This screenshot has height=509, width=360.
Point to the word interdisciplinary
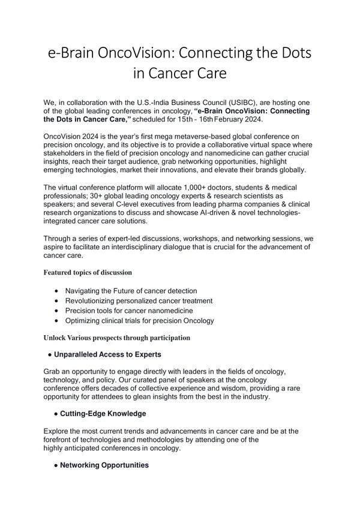tap(147, 246)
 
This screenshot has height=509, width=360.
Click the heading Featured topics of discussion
tap(88, 272)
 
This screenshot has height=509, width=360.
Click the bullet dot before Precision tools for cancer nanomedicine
tap(56, 311)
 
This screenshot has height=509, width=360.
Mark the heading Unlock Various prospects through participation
tap(116, 338)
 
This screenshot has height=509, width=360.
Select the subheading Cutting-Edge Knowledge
tap(103, 414)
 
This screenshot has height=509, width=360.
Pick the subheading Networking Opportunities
tap(104, 465)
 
